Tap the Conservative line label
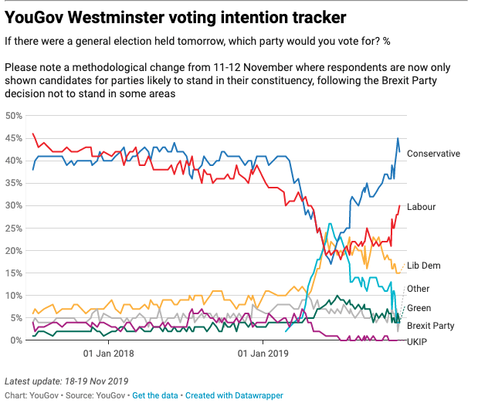coord(433,154)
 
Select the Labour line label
coord(422,207)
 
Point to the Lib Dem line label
coord(424,266)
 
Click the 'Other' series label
coord(418,289)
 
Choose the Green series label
coord(419,308)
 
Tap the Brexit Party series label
coord(431,326)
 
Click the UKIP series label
coord(418,341)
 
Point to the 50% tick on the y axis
coord(13,116)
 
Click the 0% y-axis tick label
coord(15,340)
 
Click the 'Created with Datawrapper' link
coord(235,395)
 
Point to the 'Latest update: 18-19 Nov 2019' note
coord(66,381)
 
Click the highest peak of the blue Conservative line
coord(398,139)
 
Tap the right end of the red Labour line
coord(399,205)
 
